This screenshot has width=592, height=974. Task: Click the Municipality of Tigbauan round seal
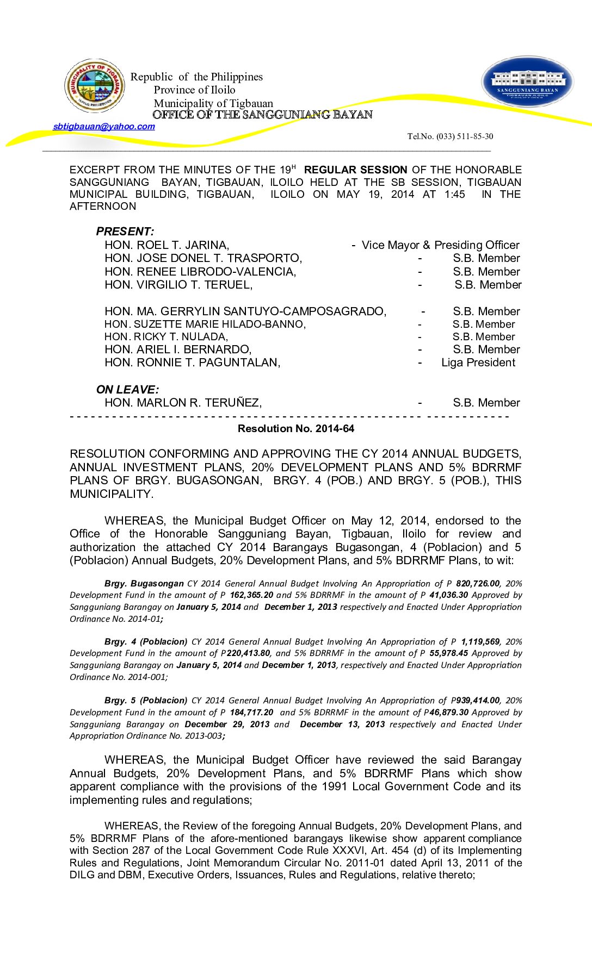click(95, 86)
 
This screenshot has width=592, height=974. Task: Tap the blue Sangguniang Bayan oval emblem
click(527, 82)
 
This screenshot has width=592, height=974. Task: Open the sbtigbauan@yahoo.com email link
click(104, 127)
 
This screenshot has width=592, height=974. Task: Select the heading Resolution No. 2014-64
click(295, 429)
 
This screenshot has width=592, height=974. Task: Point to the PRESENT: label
click(125, 232)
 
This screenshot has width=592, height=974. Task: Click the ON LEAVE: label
click(127, 390)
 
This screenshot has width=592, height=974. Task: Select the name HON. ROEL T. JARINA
click(166, 245)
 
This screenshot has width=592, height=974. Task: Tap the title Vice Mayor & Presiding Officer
click(440, 245)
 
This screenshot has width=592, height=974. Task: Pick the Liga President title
click(478, 363)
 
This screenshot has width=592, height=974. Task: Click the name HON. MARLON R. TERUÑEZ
click(183, 403)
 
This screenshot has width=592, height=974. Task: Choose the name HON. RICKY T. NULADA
click(166, 337)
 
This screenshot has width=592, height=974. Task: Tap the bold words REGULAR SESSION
click(355, 170)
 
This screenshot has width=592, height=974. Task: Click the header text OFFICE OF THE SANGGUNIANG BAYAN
click(262, 115)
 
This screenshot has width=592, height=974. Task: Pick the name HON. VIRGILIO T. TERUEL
click(178, 285)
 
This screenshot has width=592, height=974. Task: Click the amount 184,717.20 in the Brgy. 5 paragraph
click(251, 713)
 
